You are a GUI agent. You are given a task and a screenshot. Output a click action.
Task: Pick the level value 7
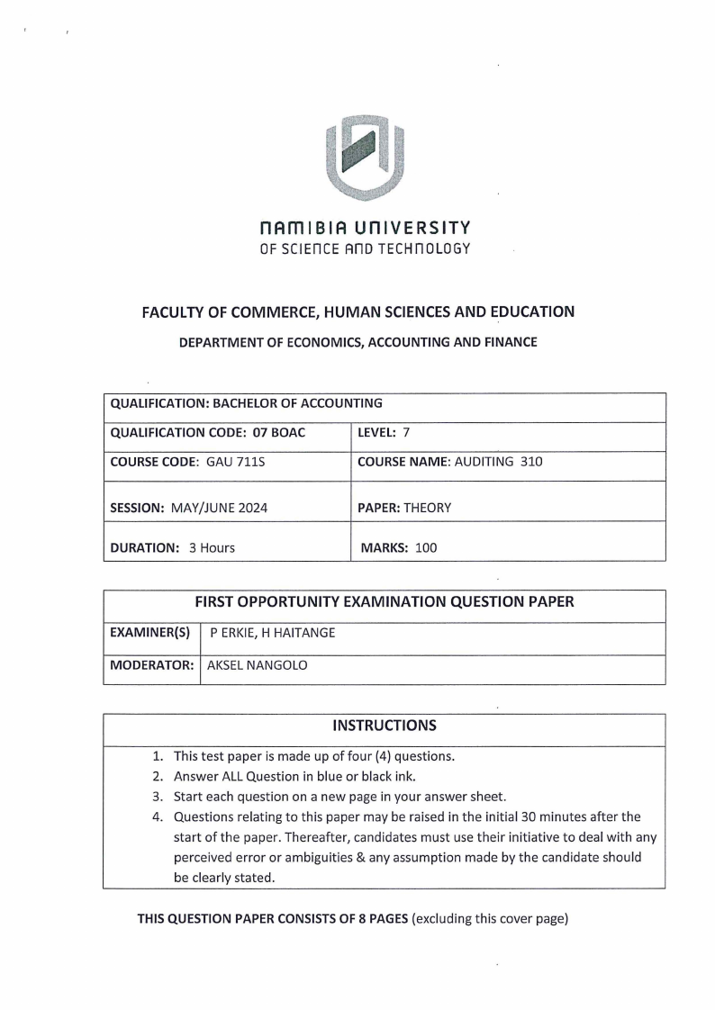(406, 433)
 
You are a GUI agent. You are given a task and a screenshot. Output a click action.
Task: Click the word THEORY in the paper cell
(428, 508)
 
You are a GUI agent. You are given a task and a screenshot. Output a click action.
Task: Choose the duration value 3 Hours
(212, 547)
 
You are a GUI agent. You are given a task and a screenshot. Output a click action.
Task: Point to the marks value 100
(426, 547)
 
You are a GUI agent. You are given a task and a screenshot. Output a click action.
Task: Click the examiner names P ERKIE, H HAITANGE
(273, 633)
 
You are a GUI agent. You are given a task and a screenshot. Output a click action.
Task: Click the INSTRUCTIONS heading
(385, 726)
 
